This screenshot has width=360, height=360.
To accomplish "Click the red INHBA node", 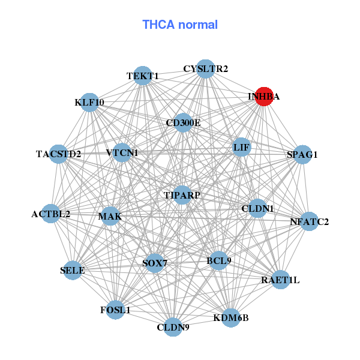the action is tap(264, 97).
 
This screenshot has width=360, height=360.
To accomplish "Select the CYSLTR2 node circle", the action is tap(206, 69).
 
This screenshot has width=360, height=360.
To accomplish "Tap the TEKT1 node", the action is tap(143, 76).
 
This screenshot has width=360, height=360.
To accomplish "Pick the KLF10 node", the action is tap(89, 103).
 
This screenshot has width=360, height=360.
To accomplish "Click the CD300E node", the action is tap(183, 122).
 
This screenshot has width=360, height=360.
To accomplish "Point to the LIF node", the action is tap(241, 147).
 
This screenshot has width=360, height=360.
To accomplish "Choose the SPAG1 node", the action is tap(302, 155).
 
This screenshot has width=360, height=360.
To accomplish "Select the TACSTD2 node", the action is tap(59, 154).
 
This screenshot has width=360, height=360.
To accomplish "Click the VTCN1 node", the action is tap(122, 152).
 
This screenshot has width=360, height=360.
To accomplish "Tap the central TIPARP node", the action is tap(182, 195).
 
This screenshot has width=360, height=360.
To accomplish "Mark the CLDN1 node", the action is tap(257, 208).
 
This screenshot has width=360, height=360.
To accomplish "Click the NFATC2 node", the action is tap(309, 221).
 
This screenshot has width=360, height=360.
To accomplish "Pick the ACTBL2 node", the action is tap(51, 214).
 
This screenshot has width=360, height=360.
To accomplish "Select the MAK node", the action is tap(110, 216).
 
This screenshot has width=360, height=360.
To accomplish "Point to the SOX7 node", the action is tap(155, 263).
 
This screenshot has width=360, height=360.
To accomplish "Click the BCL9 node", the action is tap(219, 261).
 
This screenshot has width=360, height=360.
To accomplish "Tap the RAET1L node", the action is tap(280, 280).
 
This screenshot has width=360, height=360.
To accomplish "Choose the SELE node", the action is tap(73, 270).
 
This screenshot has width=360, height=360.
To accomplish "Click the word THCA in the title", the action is tap(158, 25).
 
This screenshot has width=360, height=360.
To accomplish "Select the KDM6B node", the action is tap(231, 318).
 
